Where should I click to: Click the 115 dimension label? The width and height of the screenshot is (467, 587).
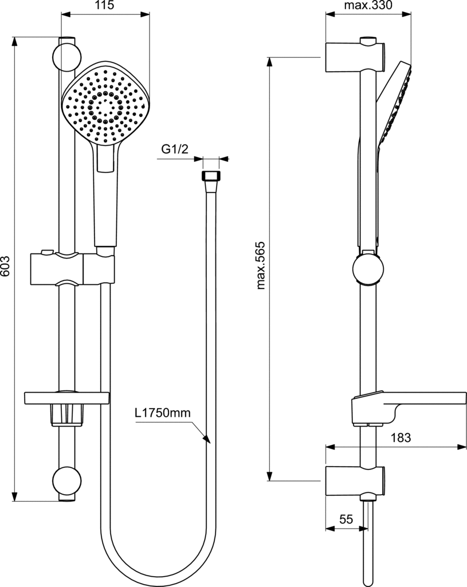[104, 5]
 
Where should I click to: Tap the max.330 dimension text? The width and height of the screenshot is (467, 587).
[368, 5]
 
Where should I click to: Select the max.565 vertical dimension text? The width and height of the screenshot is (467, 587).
[261, 265]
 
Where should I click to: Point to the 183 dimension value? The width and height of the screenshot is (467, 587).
[401, 437]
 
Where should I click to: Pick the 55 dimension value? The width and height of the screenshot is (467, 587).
[346, 519]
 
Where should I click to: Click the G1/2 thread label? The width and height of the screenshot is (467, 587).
[175, 150]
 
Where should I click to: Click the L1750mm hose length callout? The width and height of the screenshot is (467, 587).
[163, 413]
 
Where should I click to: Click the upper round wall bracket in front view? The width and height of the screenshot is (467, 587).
[66, 57]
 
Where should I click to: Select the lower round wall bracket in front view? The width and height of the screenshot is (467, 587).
[66, 481]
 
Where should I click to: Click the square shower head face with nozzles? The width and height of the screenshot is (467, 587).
[105, 103]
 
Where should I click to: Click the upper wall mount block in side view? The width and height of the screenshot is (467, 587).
[355, 57]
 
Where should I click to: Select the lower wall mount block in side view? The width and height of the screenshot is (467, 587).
[355, 482]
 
